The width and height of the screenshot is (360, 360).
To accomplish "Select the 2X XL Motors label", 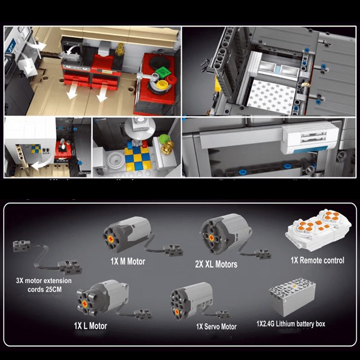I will click(216, 264).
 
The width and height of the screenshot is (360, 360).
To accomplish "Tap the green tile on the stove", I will click(162, 72).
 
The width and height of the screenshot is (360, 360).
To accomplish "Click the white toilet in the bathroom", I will click(114, 160).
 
